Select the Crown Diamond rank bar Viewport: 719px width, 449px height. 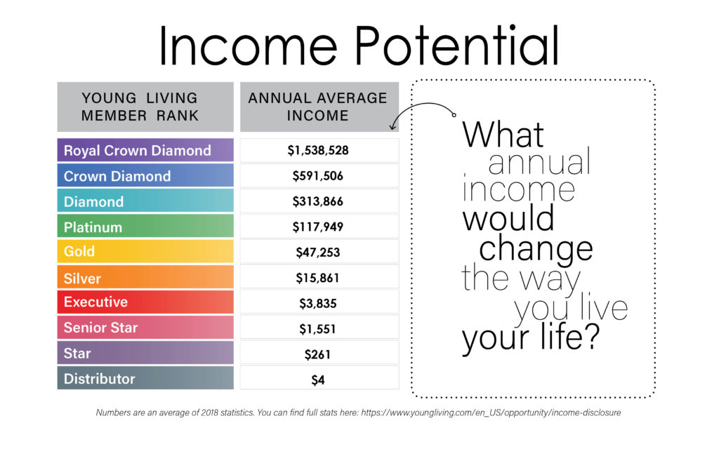pyautogui.click(x=145, y=175)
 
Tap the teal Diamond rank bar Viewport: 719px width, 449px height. pyautogui.click(x=145, y=201)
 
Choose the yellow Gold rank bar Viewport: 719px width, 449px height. pyautogui.click(x=145, y=251)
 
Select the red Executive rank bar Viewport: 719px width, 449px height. pyautogui.click(x=145, y=302)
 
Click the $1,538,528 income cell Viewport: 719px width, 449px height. pyautogui.click(x=319, y=150)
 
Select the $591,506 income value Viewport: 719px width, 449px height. pyautogui.click(x=318, y=176)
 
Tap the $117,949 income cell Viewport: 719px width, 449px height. pyautogui.click(x=319, y=227)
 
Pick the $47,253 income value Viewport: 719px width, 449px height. pyautogui.click(x=318, y=253)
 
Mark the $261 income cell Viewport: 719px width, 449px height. pyautogui.click(x=319, y=354)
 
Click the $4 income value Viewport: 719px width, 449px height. pyautogui.click(x=318, y=380)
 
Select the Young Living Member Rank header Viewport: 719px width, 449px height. pyautogui.click(x=145, y=107)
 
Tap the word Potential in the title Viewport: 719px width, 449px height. pyautogui.click(x=457, y=46)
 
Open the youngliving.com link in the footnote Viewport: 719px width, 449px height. pyautogui.click(x=491, y=413)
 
